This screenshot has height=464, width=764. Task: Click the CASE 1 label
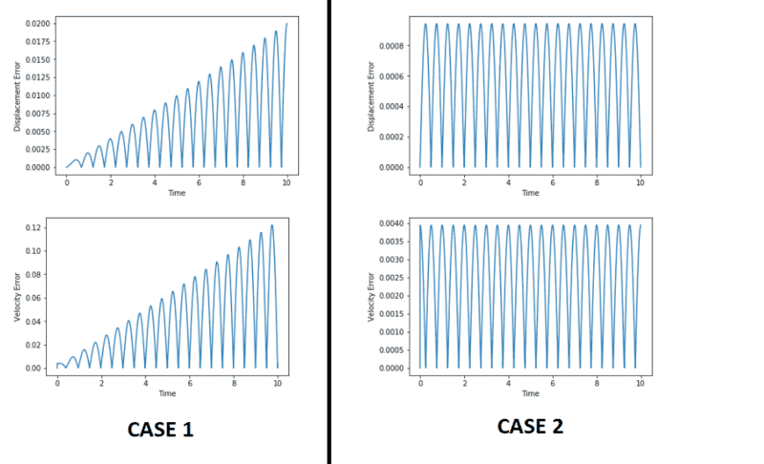160,430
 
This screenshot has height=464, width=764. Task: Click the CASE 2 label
530,427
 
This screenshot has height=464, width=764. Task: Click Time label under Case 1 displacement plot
177,193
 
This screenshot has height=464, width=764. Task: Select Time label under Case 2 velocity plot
530,392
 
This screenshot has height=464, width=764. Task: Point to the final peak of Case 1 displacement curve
286,24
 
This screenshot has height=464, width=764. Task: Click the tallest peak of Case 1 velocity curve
271,225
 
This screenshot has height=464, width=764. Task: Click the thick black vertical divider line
329,232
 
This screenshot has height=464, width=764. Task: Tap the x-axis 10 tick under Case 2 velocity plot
640,381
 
